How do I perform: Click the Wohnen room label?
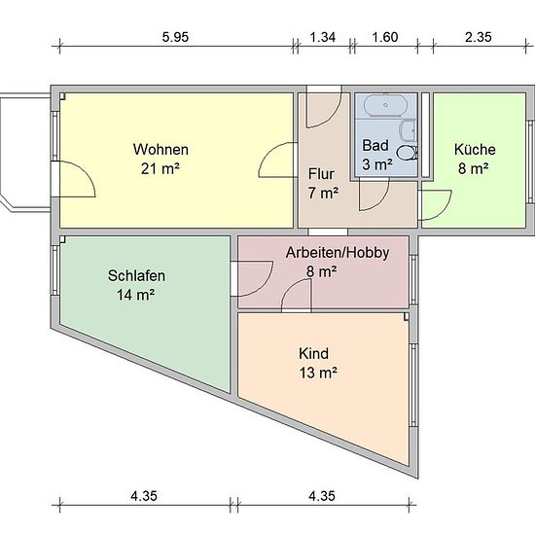click(x=160, y=150)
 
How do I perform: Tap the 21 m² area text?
click(x=160, y=168)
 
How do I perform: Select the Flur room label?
click(x=321, y=174)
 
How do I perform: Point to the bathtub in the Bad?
click(x=385, y=105)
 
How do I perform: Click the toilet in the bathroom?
click(x=408, y=153)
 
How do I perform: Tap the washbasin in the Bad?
click(x=410, y=130)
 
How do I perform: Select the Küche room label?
click(x=475, y=150)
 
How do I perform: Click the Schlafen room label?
click(x=136, y=275)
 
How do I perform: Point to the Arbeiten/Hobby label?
click(x=338, y=253)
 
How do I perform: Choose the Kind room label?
click(x=313, y=353)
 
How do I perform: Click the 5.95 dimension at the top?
click(x=175, y=37)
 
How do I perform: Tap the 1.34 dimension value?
click(x=322, y=37)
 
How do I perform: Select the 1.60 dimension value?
click(x=385, y=37)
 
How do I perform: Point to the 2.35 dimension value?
click(x=479, y=37)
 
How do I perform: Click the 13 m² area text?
click(x=318, y=373)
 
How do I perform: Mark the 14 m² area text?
click(x=136, y=295)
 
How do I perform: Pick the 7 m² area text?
click(x=323, y=194)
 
